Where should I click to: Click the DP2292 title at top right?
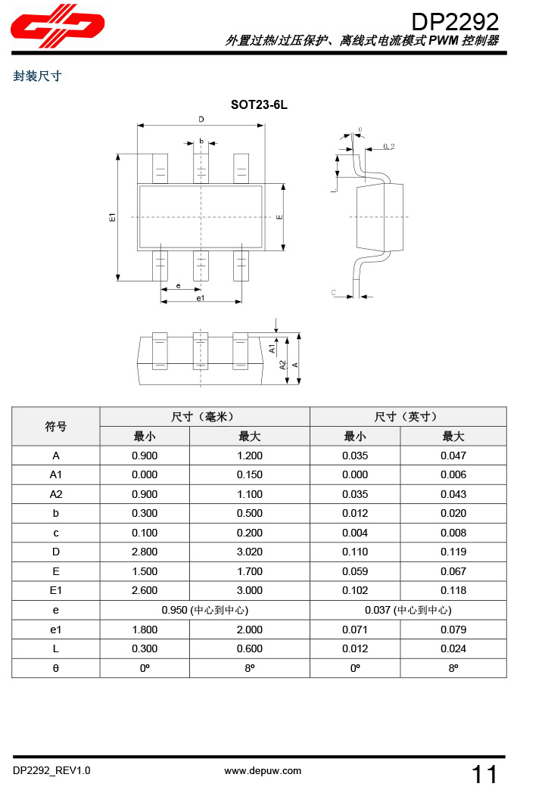pyautogui.click(x=455, y=20)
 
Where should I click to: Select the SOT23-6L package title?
pyautogui.click(x=259, y=105)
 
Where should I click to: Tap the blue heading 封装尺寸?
pyautogui.click(x=37, y=76)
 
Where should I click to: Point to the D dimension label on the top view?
pyautogui.click(x=201, y=120)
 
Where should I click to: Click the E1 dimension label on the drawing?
pyautogui.click(x=112, y=217)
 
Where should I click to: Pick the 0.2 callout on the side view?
pyautogui.click(x=389, y=145)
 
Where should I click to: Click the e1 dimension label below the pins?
pyautogui.click(x=200, y=299)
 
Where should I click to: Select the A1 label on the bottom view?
pyautogui.click(x=272, y=347)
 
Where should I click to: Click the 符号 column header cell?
pyautogui.click(x=56, y=427)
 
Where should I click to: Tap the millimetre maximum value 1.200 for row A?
pyautogui.click(x=250, y=456)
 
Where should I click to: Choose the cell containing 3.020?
pyautogui.click(x=250, y=552)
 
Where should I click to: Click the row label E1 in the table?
pyautogui.click(x=56, y=590)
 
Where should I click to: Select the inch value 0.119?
pyautogui.click(x=453, y=552)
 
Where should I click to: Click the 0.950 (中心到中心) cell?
pyautogui.click(x=205, y=610)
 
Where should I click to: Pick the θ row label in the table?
pyautogui.click(x=56, y=668)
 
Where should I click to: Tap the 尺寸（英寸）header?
pyautogui.click(x=407, y=417)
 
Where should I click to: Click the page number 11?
pyautogui.click(x=484, y=774)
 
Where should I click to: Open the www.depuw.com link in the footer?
pyautogui.click(x=263, y=771)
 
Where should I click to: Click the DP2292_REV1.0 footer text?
pyautogui.click(x=51, y=771)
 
